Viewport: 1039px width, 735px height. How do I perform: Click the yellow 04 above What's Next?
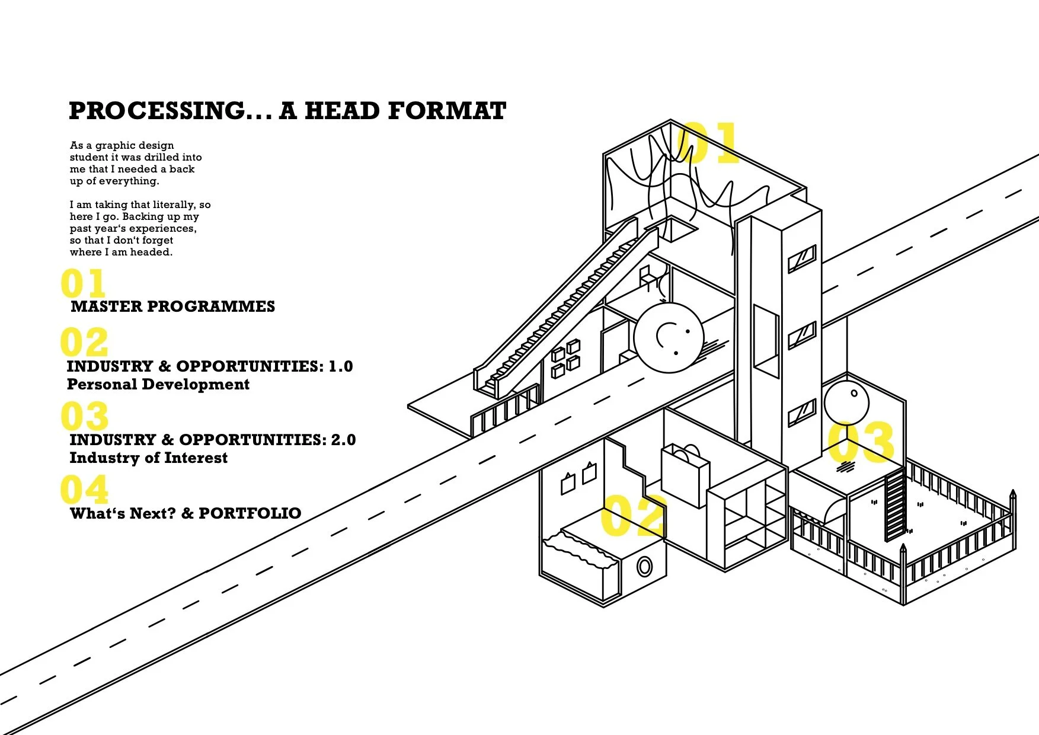[85, 490]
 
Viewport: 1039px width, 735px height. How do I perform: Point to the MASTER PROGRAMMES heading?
[173, 306]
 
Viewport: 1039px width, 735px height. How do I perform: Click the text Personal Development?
[158, 384]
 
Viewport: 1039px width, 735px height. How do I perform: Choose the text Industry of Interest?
[149, 458]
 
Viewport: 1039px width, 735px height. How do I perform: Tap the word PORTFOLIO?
[250, 513]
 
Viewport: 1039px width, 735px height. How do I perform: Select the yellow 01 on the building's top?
[708, 143]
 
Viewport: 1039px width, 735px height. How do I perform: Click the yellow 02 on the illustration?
[632, 516]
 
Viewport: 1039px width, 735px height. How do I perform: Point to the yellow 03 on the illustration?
[861, 442]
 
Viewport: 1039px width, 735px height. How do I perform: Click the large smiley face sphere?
[669, 338]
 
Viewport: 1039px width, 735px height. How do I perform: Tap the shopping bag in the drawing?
[685, 475]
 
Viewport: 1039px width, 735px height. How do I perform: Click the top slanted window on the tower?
[802, 260]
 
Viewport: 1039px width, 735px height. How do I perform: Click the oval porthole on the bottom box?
[644, 567]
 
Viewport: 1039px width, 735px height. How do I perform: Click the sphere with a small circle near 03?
[846, 402]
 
